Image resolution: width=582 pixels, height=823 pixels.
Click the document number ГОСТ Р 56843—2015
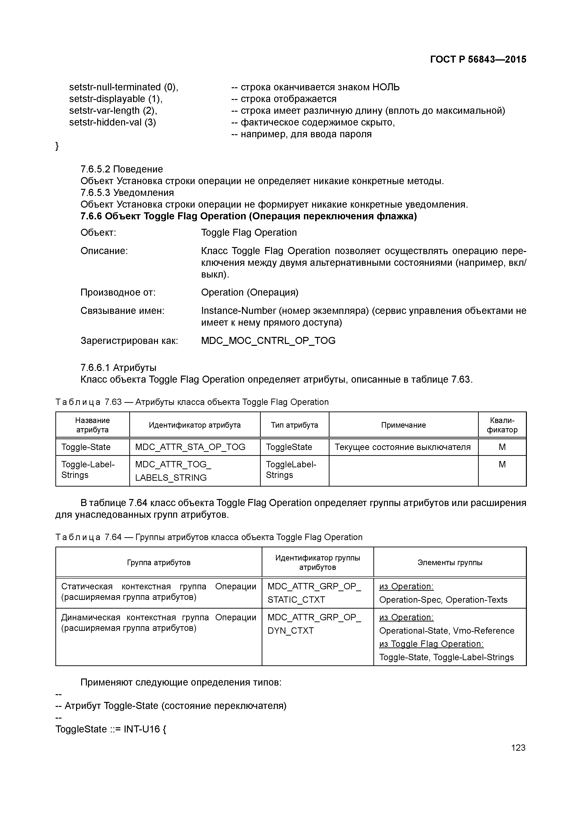coord(478,60)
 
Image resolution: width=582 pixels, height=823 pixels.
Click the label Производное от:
coord(118,293)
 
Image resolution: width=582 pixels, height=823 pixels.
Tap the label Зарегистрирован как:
coord(129,340)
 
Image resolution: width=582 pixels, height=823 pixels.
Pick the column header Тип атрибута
coord(295,425)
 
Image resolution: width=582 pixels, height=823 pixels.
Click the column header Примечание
coord(403,425)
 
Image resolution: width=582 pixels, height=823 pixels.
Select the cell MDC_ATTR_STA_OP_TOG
coord(190,447)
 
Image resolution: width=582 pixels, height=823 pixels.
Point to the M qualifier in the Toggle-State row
coord(502,447)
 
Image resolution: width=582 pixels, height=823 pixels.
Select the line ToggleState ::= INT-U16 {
coord(111,729)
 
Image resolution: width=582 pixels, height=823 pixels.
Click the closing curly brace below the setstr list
coord(57,146)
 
